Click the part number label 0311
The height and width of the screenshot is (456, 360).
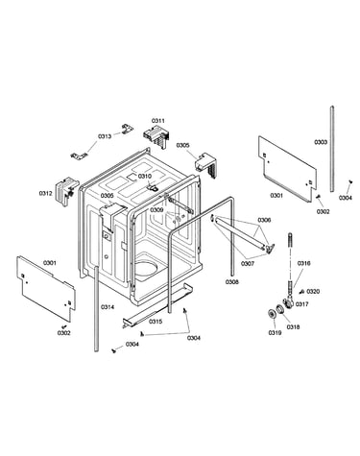point(158,121)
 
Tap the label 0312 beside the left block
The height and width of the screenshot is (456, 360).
point(46,193)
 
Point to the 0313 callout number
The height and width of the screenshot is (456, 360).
point(105,136)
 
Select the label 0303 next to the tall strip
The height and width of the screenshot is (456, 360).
point(321,142)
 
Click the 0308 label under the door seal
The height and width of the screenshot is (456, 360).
point(232,282)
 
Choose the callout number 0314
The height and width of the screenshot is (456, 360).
point(108,307)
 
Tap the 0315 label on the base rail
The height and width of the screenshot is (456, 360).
point(156,322)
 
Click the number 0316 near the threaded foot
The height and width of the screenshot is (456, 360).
point(304,263)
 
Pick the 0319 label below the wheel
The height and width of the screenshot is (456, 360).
point(275,333)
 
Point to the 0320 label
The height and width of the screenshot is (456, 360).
point(313,291)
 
